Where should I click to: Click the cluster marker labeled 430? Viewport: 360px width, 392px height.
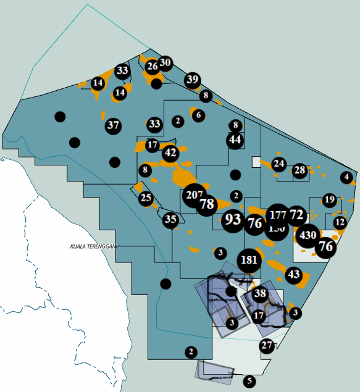[x=308, y=235]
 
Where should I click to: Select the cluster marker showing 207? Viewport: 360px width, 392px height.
[x=194, y=196]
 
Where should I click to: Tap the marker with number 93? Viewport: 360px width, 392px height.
[x=233, y=219]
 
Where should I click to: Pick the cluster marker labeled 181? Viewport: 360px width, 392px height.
[x=250, y=260]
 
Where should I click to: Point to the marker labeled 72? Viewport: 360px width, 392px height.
[x=296, y=215]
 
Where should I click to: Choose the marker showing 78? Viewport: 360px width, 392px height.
[x=207, y=204]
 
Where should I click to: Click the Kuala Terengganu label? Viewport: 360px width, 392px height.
[x=94, y=246]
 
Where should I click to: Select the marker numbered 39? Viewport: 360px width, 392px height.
[x=193, y=79]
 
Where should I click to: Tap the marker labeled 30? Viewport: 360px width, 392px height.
[x=165, y=62]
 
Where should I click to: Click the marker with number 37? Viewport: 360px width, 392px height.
[x=113, y=126]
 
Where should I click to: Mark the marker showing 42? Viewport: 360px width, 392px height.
[x=171, y=152]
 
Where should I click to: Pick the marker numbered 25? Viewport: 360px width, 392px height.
[x=146, y=198]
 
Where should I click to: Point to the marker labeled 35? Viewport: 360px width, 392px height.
[x=170, y=219]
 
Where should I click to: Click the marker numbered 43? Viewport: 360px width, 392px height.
[x=294, y=274]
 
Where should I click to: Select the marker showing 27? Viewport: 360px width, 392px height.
[x=267, y=346]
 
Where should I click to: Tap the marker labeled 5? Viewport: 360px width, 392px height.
[x=249, y=381]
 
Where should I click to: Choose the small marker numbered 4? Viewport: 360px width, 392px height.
[x=346, y=178]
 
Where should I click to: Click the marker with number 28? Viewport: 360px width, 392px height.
[x=299, y=170]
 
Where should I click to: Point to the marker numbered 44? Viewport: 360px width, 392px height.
[x=235, y=140]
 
